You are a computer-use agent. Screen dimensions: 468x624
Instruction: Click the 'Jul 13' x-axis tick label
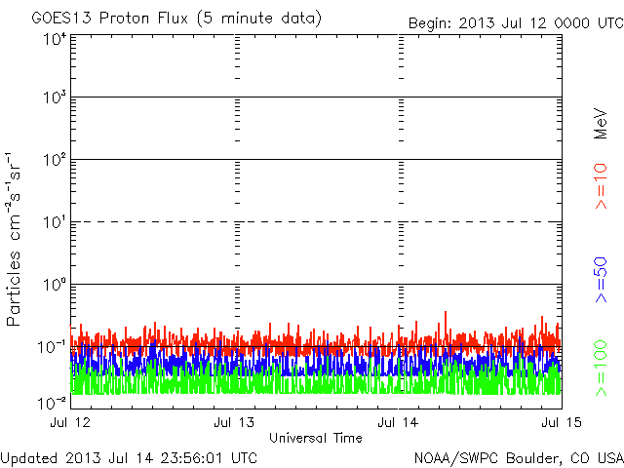(235, 422)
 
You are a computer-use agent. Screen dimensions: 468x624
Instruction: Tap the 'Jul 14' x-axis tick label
(399, 422)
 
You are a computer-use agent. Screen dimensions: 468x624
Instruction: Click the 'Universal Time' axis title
(316, 438)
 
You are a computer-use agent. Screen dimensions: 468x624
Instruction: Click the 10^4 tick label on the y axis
(55, 39)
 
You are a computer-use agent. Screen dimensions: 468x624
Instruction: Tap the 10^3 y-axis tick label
(55, 98)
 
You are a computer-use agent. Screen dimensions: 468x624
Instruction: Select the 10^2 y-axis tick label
(55, 161)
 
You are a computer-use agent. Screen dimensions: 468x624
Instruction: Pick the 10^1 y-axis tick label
(55, 223)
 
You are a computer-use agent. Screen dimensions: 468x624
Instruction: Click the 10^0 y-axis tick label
(55, 286)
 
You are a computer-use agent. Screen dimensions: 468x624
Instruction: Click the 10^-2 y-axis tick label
(53, 402)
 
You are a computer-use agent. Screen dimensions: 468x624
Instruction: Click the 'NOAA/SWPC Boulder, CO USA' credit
(518, 457)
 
